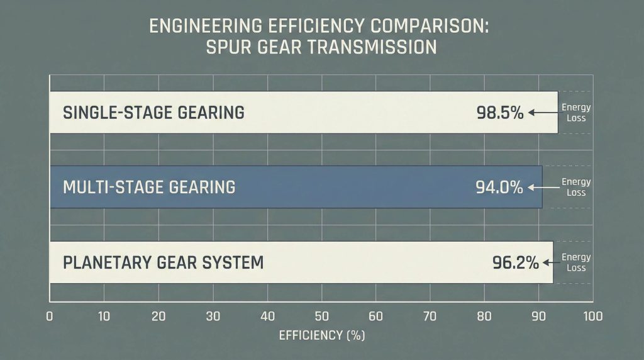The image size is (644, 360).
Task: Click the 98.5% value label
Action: coord(500,113)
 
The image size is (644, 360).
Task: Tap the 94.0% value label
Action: coord(499,187)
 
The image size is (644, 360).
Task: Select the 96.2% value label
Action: coord(515,262)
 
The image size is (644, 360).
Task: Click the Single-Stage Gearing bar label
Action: coord(153,113)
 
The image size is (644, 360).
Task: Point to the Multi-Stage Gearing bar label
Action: coord(149,187)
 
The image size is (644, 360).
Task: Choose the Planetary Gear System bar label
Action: coord(163,262)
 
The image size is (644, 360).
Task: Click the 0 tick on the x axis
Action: coord(50,317)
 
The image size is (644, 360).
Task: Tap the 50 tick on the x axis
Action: coord(321,317)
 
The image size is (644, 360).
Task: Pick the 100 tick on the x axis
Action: coord(592,317)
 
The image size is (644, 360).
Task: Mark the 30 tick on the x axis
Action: coord(213,317)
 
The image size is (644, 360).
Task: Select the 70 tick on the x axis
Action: coord(430,317)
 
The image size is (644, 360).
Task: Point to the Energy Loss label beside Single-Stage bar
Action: coord(576,113)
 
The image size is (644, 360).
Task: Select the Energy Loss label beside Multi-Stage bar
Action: coord(576,187)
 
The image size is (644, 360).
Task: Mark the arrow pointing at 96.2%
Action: coord(550,262)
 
